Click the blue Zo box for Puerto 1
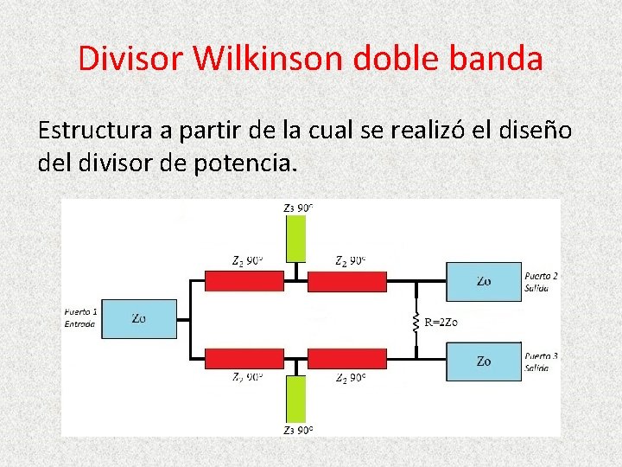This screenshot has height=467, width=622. (139, 318)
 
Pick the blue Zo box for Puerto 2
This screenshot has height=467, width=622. (484, 281)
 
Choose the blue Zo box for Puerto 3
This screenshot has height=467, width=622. (484, 361)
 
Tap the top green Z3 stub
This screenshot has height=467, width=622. (296, 238)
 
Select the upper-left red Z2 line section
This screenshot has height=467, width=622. (244, 280)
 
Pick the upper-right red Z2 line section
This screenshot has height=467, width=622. (346, 280)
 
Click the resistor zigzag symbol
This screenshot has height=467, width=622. (416, 322)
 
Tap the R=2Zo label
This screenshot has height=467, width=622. (441, 323)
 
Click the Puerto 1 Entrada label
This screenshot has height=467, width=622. (81, 317)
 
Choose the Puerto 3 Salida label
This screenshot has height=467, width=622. (541, 361)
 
